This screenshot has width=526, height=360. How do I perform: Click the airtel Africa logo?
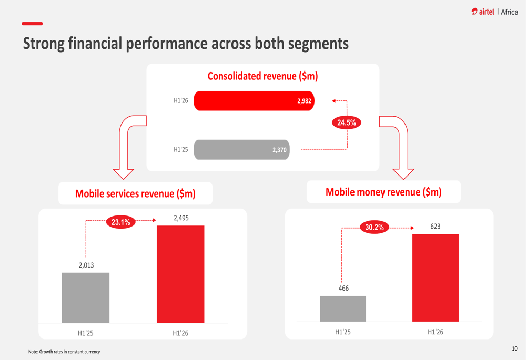[x=494, y=12]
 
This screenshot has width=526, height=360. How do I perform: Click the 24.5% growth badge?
[x=347, y=123]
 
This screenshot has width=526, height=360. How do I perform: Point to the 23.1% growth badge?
[x=121, y=222]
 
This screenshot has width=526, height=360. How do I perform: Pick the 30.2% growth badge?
[x=375, y=228]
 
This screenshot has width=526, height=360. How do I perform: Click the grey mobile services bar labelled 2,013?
[x=86, y=297]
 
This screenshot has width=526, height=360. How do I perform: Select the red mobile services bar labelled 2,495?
[x=180, y=274]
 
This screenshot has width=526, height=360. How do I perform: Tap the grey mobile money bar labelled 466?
[x=343, y=308]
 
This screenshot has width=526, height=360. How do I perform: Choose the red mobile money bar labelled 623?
[x=436, y=277]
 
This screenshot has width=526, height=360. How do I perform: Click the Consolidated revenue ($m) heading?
[x=262, y=76]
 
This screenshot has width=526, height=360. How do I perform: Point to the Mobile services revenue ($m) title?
[x=135, y=193]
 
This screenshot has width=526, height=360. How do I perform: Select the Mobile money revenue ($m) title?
[x=383, y=192]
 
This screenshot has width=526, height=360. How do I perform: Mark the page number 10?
[x=514, y=348]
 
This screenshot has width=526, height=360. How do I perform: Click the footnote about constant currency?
[x=64, y=352]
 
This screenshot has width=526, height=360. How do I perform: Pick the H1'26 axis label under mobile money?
[x=436, y=332]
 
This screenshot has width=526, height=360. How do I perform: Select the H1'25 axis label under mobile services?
[x=86, y=333]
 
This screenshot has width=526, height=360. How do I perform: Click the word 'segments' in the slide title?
[x=317, y=44]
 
